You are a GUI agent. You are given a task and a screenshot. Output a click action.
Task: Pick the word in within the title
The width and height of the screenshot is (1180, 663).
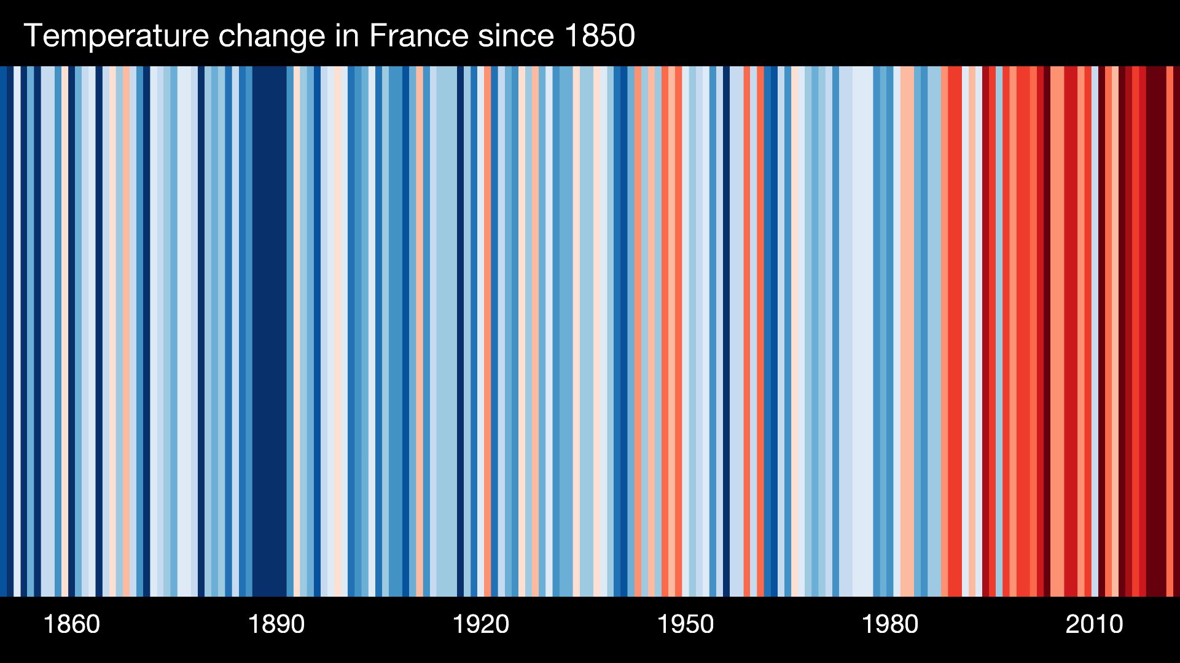tap(347, 36)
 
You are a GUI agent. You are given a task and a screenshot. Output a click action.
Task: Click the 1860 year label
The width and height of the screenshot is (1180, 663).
tap(71, 624)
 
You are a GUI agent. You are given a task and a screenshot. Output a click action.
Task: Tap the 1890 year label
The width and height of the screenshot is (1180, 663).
tap(276, 624)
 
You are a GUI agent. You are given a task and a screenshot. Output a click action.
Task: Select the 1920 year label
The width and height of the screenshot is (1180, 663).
tap(480, 624)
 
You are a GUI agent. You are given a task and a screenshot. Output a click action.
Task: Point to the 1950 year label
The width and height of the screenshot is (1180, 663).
tap(685, 624)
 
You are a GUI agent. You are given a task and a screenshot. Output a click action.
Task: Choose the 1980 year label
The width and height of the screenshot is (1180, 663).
tap(889, 624)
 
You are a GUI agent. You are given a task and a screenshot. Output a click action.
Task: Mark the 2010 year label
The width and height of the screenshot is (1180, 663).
tap(1094, 624)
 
